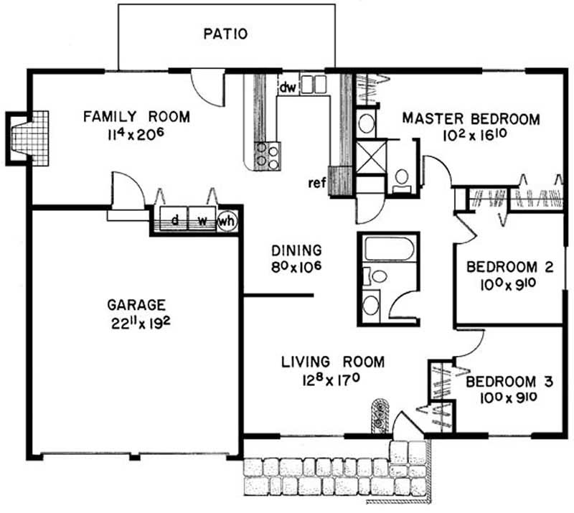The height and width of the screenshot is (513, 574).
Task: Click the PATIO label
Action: pos(225,34)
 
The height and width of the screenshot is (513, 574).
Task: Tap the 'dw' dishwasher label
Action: pos(288,87)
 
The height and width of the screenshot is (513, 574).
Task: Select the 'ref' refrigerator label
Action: pos(317,183)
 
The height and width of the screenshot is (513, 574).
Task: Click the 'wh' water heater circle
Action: pos(227,221)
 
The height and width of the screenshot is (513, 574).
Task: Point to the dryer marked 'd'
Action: pos(174,219)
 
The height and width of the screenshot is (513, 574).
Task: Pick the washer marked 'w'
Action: pos(202,219)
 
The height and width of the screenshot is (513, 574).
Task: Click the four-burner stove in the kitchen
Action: pos(268,156)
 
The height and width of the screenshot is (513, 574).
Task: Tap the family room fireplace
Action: pos(28,138)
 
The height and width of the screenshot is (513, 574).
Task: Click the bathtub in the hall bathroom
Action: pos(388,248)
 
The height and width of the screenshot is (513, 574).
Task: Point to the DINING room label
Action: pos(296,250)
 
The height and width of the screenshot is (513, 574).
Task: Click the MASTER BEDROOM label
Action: pos(471,118)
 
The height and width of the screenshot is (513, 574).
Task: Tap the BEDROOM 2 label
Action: pos(509,267)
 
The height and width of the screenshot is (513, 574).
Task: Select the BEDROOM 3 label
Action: pos(509,382)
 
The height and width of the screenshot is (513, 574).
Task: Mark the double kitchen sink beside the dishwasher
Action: pos(314,85)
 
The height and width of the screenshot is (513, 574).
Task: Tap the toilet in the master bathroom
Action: pos(402,179)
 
